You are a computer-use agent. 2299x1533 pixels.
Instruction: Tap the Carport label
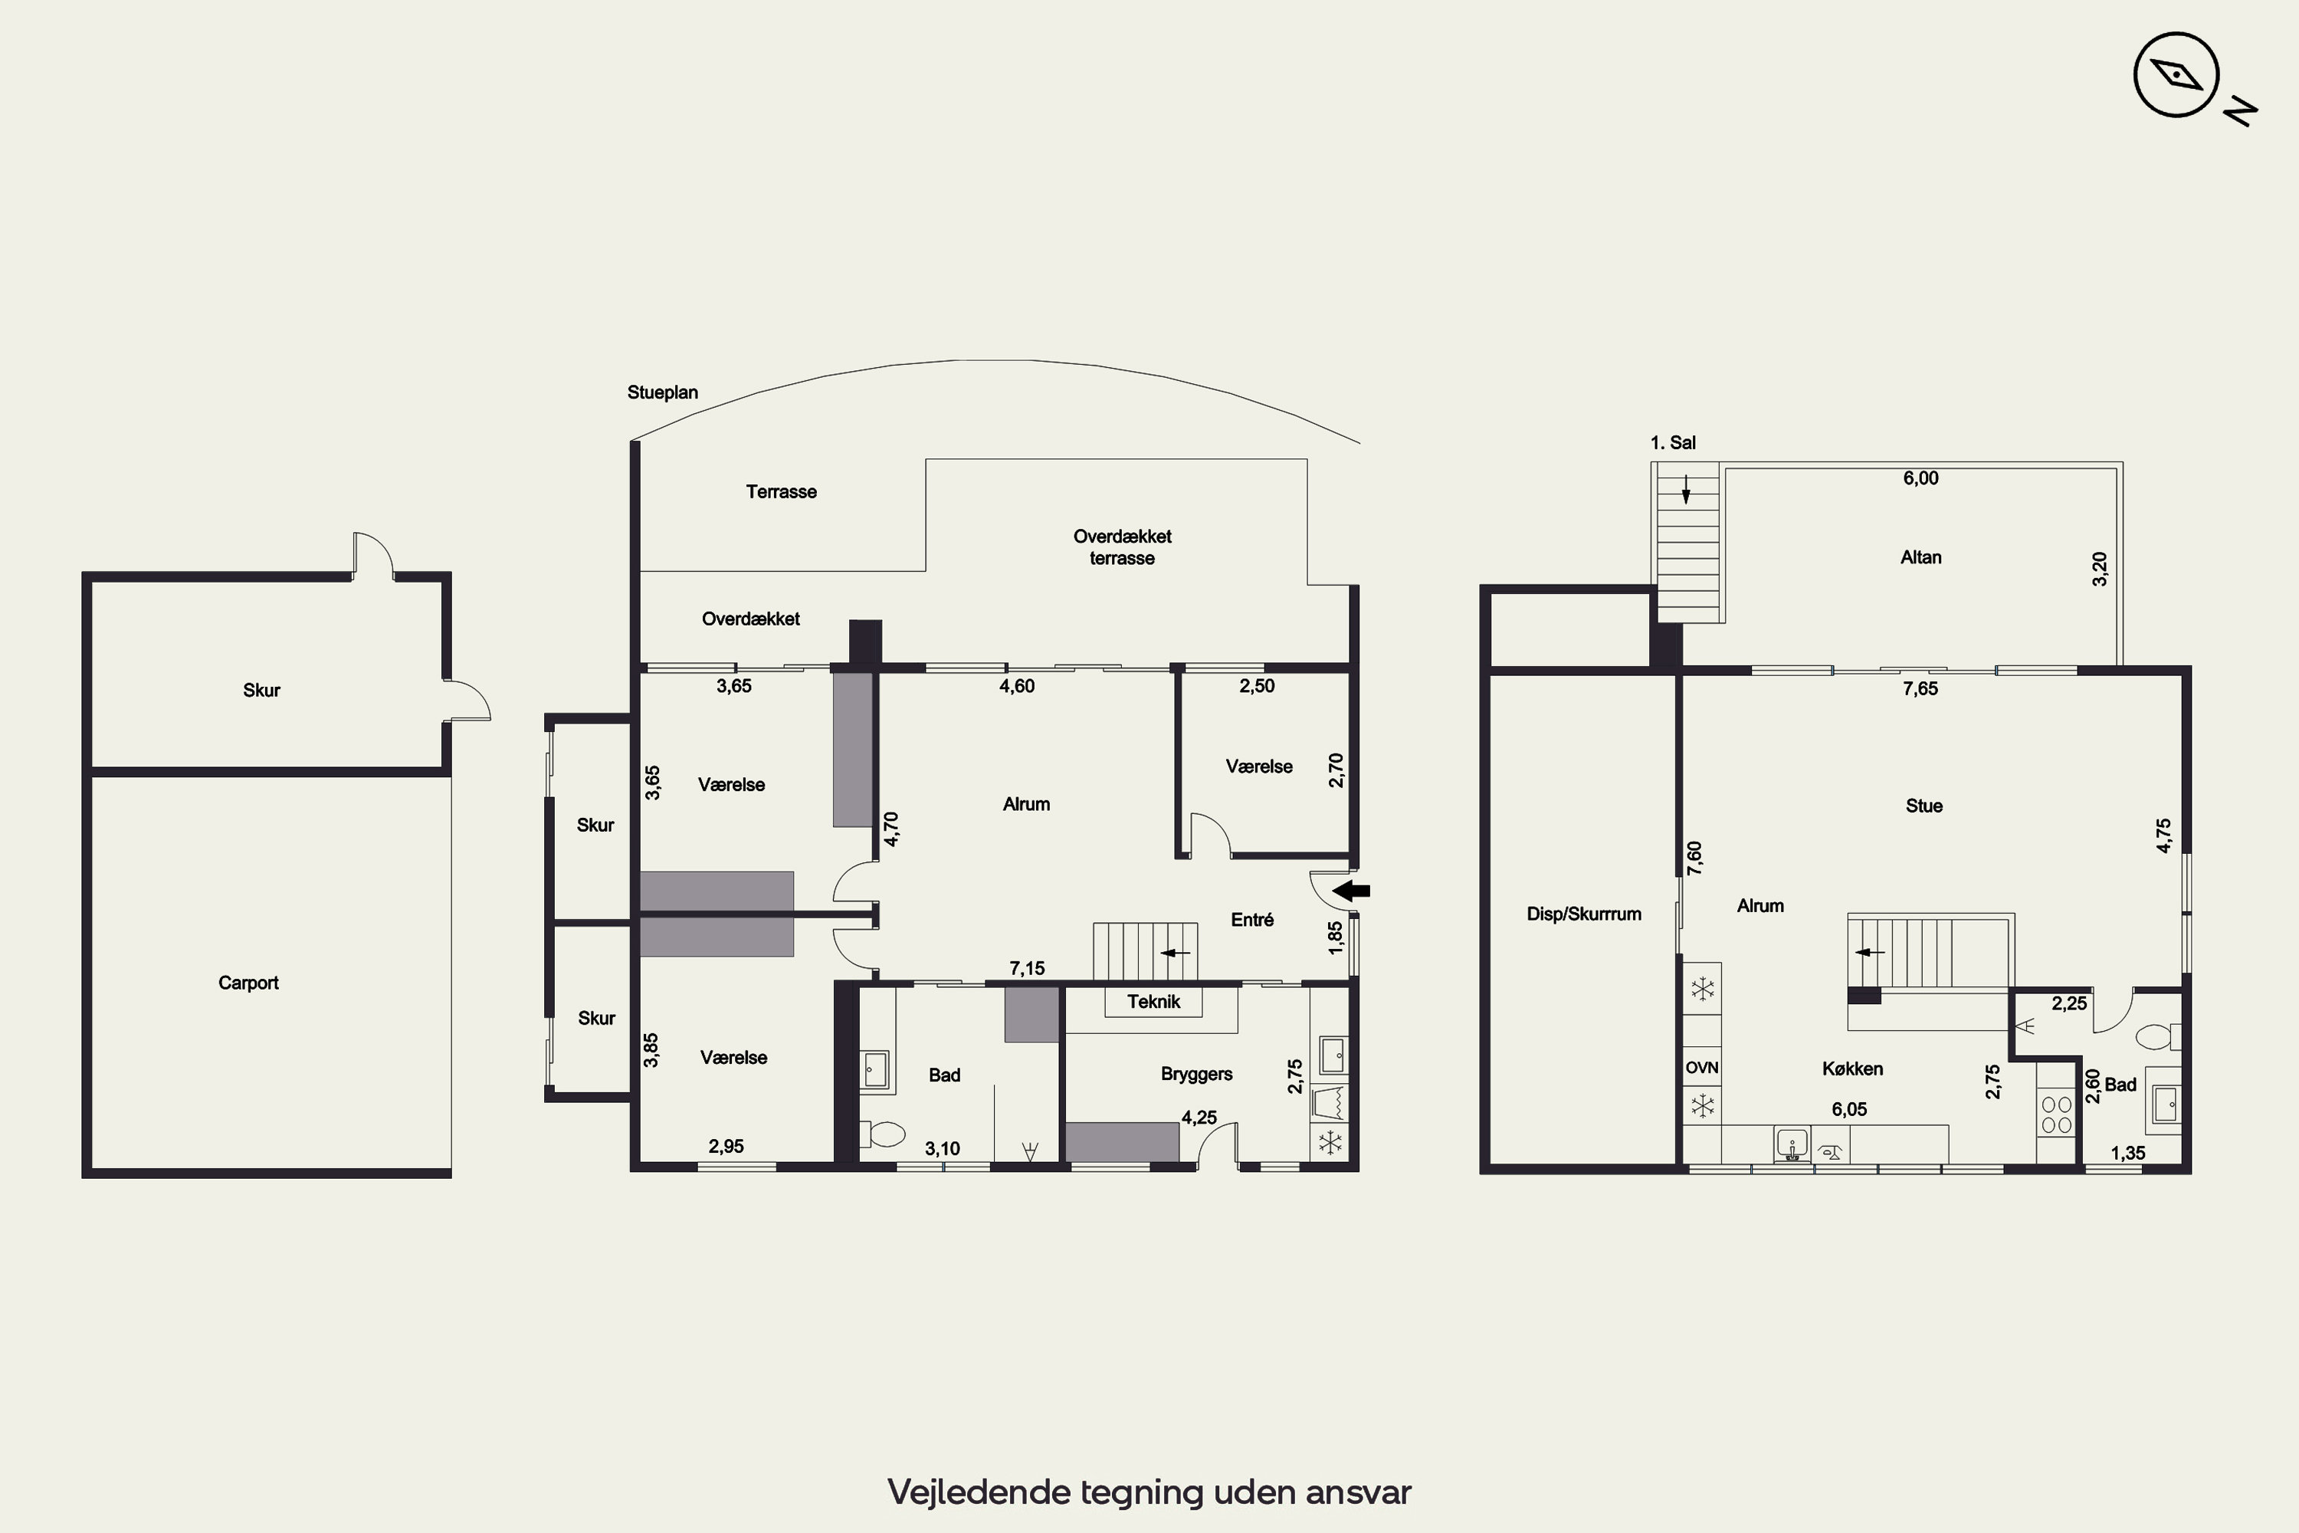pos(248,983)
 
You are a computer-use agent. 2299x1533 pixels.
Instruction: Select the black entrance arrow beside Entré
pos(1352,891)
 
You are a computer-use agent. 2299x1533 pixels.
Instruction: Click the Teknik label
pos(1153,1001)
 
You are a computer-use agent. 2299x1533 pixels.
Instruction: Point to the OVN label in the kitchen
pos(1702,1068)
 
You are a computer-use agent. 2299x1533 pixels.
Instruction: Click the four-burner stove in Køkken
pos(2057,1114)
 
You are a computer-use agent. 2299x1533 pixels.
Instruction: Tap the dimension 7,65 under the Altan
pos(1920,688)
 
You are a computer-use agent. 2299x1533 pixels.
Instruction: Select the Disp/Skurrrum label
pos(1583,914)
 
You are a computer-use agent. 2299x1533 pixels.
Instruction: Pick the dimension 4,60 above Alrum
pos(1017,686)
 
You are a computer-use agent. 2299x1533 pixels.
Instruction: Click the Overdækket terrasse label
pos(1122,547)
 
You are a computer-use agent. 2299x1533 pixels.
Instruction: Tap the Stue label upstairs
pos(1923,806)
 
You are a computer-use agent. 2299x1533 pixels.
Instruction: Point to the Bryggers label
pos(1196,1074)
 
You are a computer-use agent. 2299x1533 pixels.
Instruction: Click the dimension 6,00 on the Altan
pos(1920,478)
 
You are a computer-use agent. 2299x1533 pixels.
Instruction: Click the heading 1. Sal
pos(1672,443)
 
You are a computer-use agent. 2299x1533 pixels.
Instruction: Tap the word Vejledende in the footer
pos(979,1492)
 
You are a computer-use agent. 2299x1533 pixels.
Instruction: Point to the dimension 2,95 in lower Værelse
pos(726,1147)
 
